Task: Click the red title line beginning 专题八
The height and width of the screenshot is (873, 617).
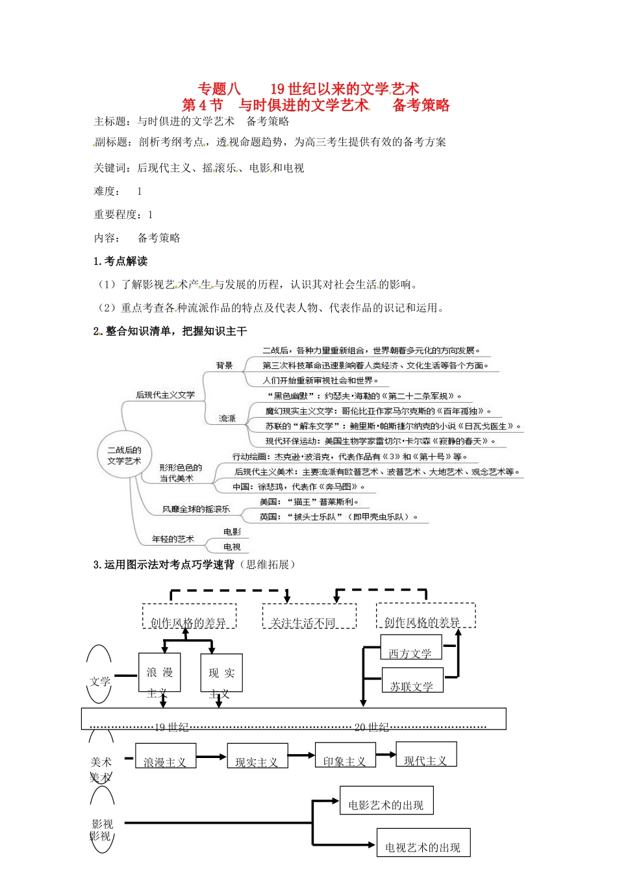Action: pos(308,88)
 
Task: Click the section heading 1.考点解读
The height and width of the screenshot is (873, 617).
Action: pos(121,261)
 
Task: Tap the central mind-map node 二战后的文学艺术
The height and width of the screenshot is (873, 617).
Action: pos(124,455)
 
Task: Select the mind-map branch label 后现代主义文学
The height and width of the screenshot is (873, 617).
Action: pos(165,395)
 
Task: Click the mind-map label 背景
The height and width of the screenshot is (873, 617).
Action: pos(225,366)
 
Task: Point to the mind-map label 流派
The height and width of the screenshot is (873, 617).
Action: pos(227,418)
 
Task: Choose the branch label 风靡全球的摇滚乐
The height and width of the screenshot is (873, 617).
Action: pos(196,509)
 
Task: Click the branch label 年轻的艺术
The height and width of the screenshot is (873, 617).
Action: pos(173,539)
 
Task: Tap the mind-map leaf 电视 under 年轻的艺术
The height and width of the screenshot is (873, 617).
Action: pos(232,547)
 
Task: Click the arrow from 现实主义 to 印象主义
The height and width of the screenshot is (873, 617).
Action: pos(301,755)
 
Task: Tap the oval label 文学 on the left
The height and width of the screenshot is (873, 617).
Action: pos(100,681)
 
